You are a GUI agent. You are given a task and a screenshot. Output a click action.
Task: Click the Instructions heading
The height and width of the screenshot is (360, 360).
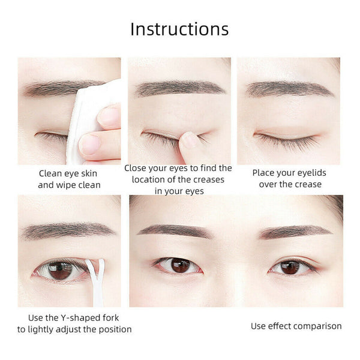coord(179,29)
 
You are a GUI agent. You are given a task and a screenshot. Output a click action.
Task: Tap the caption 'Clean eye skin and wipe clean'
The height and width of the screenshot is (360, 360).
coord(69,179)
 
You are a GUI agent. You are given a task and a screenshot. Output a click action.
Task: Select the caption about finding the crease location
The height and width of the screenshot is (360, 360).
coord(178,179)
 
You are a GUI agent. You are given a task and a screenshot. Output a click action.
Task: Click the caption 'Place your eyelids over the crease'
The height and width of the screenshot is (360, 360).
coord(290,178)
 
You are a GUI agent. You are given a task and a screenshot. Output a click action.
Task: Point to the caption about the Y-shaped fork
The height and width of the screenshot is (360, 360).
coord(74,323)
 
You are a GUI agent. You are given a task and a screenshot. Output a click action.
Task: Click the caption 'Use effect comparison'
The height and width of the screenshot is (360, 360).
coord(296,326)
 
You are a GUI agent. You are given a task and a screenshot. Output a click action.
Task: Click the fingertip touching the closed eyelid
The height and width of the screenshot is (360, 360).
coord(189,140)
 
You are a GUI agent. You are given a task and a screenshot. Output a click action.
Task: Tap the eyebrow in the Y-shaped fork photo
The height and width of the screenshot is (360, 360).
coord(66,230)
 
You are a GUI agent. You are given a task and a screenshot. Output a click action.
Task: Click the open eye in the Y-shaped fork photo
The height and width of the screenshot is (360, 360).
coord(60,270)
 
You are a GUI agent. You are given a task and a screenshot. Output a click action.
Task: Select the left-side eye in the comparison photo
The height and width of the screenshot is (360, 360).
coord(178,265)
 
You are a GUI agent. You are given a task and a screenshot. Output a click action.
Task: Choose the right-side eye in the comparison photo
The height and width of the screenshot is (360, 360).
coord(291,266)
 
